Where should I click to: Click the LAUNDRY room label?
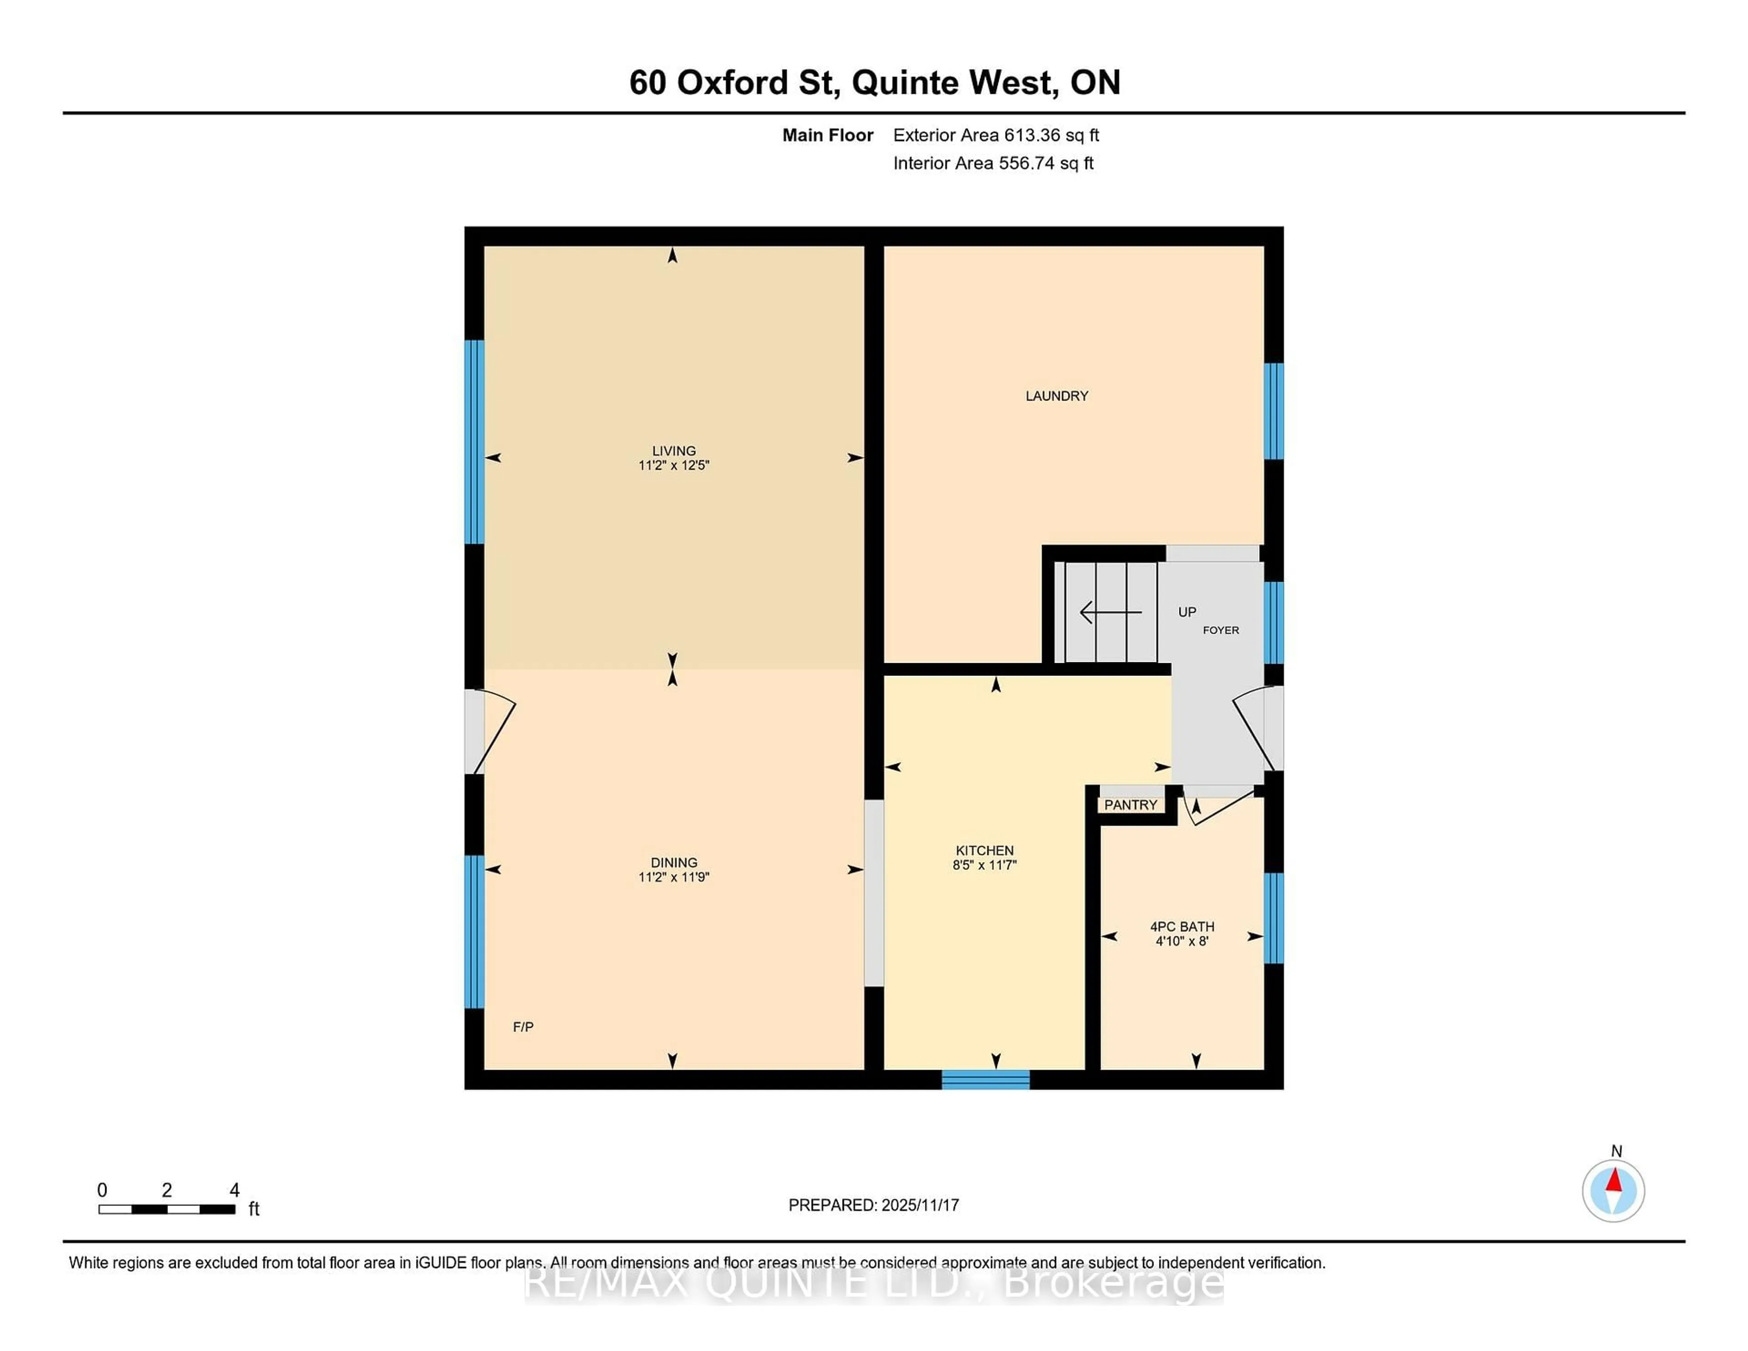(x=1057, y=396)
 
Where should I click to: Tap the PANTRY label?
(x=1130, y=804)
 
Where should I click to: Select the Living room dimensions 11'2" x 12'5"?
(x=673, y=465)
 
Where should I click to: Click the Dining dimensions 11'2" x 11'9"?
(x=673, y=876)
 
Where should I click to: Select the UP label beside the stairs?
(x=1186, y=611)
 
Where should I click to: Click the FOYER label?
(x=1220, y=630)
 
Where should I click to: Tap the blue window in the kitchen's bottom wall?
(x=985, y=1080)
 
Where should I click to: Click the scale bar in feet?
(x=167, y=1209)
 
